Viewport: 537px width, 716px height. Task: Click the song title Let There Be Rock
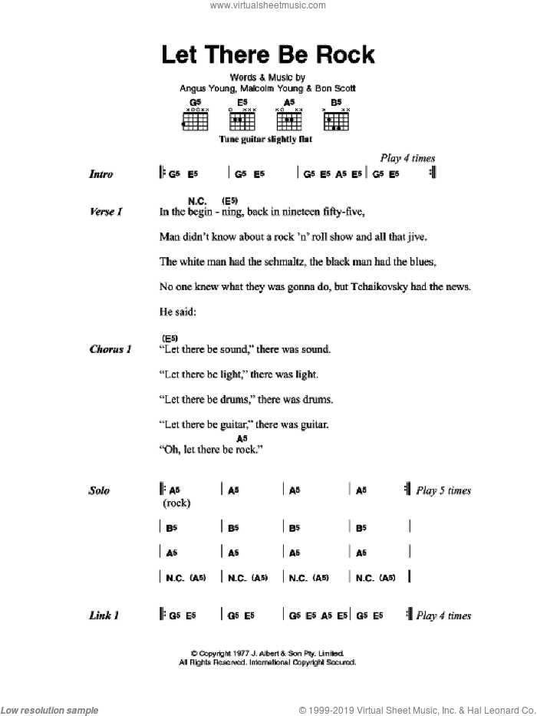coord(268,55)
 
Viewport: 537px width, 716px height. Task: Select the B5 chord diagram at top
coord(336,115)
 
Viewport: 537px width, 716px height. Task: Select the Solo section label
coord(99,490)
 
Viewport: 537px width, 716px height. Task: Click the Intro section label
coord(100,174)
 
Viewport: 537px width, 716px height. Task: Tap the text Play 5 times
coord(443,490)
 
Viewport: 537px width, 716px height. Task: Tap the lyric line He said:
coord(176,312)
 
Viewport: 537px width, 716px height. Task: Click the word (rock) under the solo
coord(176,503)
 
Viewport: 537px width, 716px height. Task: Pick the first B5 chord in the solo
coord(172,528)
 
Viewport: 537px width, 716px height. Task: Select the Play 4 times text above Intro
coord(408,158)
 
